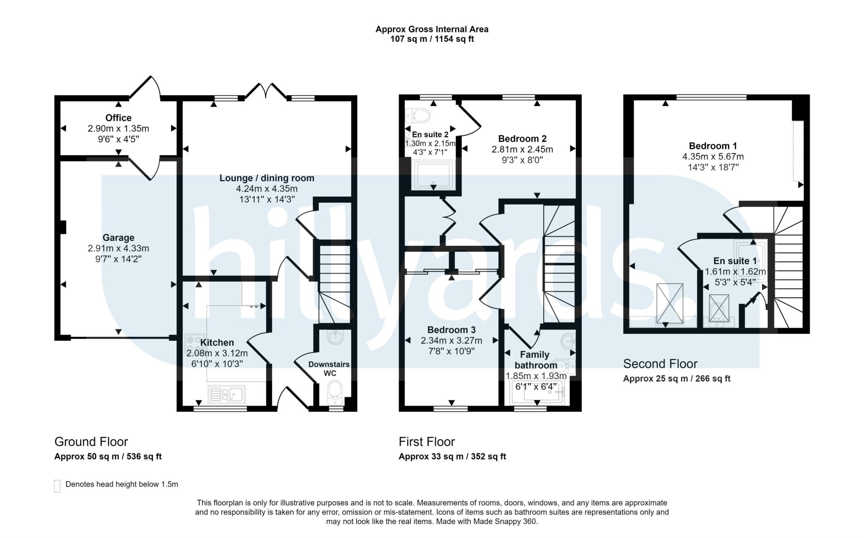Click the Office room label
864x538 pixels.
118,118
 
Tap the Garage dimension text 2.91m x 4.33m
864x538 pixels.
118,248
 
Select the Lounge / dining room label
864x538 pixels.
267,178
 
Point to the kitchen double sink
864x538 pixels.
227,394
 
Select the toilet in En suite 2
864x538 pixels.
418,115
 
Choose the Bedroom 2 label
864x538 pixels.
522,139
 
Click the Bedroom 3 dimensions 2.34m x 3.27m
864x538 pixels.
451,340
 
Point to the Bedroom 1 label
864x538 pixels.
713,146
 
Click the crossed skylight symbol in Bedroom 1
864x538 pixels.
670,304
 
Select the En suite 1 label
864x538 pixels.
735,261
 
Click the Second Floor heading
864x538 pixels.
660,363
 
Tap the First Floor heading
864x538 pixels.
427,441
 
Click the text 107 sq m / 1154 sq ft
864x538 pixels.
432,39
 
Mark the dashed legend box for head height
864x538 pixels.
57,486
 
